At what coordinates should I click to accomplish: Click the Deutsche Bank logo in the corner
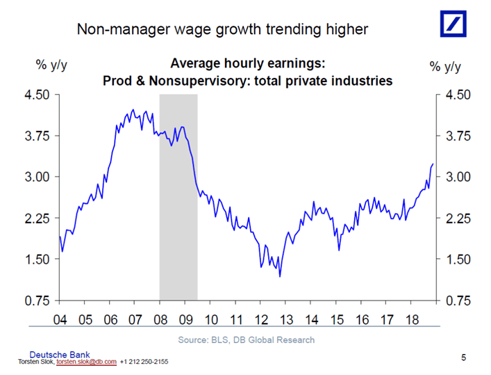[456, 24]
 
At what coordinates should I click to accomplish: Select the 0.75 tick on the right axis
[458, 301]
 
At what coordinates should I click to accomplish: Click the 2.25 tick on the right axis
[458, 218]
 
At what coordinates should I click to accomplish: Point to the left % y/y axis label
[51, 66]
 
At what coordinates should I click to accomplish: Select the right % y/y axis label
[445, 66]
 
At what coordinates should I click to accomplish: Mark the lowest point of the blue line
[280, 276]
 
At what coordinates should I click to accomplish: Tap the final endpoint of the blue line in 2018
[433, 164]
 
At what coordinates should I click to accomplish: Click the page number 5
[464, 357]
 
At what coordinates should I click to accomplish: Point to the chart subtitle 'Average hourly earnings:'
[248, 63]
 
